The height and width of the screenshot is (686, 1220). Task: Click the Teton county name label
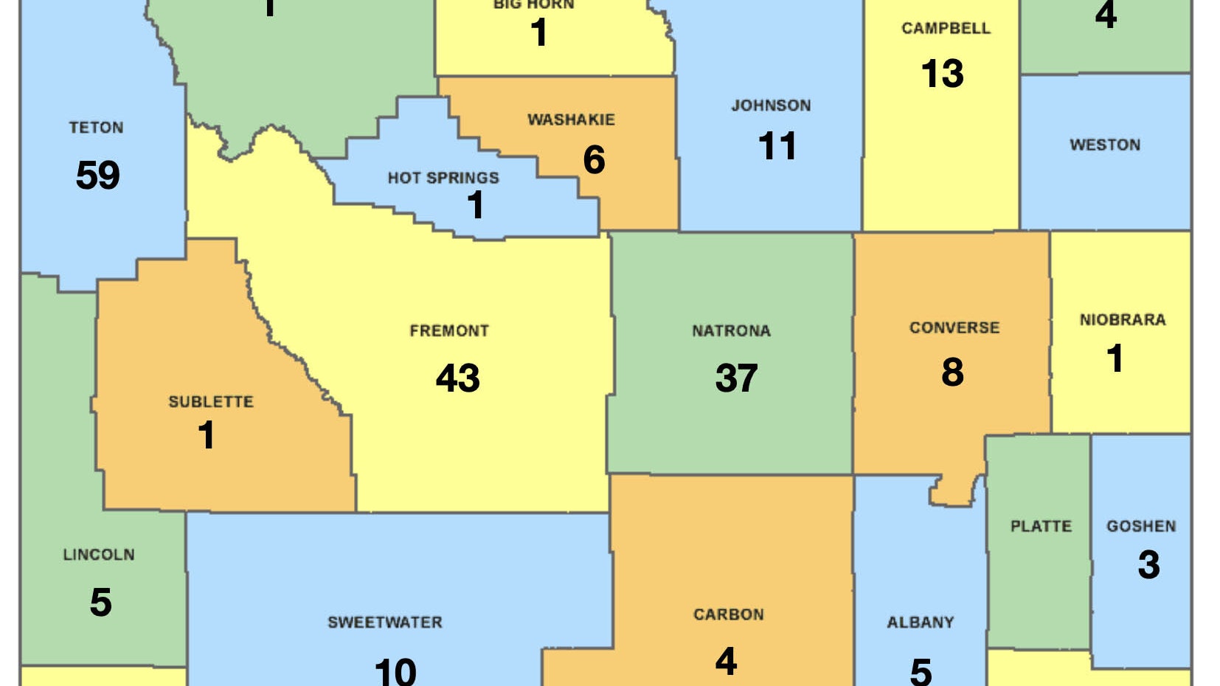96,128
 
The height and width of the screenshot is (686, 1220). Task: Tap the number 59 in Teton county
97,176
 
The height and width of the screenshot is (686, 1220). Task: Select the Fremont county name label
449,331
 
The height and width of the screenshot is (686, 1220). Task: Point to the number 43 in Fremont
457,378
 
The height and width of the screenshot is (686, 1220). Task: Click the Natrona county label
731,331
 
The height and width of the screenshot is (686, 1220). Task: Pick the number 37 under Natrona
736,378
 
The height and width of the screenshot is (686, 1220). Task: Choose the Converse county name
954,328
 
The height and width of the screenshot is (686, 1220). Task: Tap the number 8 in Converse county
952,372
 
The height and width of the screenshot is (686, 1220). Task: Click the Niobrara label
1123,320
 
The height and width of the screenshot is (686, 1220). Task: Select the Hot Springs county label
443,178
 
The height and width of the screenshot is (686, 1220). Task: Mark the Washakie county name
571,119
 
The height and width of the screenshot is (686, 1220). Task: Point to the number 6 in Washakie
594,160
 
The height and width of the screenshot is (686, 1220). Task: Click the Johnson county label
771,105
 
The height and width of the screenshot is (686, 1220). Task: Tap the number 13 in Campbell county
942,74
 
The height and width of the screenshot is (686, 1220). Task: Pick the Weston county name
1105,145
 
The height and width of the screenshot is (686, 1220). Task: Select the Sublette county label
211,402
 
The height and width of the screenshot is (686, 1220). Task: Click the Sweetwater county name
385,623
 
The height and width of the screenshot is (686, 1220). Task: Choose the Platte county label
1041,527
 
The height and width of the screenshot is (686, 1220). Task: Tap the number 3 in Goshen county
1148,565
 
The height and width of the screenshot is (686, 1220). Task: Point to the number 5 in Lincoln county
101,603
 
